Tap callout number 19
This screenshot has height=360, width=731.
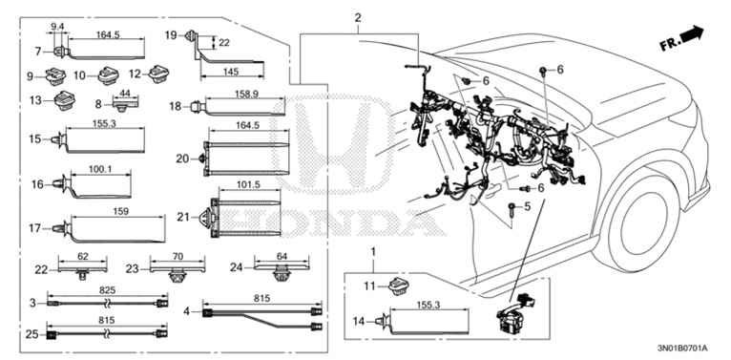[171, 34]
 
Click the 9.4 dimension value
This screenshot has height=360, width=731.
[57, 27]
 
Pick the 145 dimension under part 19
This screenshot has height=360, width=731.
[231, 72]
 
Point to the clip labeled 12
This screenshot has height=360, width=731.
[159, 74]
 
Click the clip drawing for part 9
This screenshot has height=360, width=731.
[56, 76]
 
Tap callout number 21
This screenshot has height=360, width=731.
[183, 217]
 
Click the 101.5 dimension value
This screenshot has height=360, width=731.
[250, 185]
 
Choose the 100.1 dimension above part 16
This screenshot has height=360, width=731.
[100, 171]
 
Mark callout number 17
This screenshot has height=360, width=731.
[35, 228]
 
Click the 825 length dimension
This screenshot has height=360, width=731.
[107, 290]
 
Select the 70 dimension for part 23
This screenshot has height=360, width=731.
[178, 256]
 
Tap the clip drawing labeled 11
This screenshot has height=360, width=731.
[399, 286]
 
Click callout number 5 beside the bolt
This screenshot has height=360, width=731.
[528, 205]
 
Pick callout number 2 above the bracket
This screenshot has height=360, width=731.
[358, 19]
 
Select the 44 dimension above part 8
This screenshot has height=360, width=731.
[124, 94]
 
